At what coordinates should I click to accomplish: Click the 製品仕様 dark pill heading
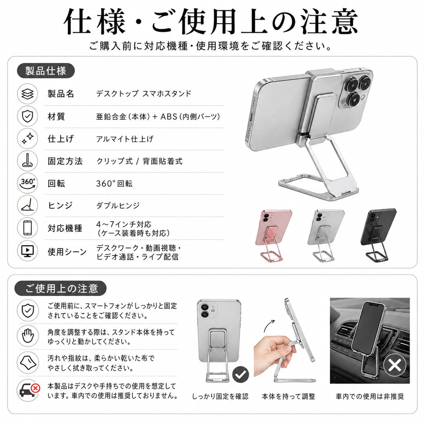pyautogui.click(x=46, y=71)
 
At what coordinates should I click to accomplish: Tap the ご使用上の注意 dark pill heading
pyautogui.click(x=61, y=288)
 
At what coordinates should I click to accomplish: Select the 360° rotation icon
pyautogui.click(x=27, y=183)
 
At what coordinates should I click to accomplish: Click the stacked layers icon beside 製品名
pyautogui.click(x=27, y=94)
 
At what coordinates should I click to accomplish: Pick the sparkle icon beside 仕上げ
pyautogui.click(x=27, y=138)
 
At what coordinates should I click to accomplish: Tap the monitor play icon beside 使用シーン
pyautogui.click(x=27, y=251)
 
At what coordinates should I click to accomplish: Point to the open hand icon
pyautogui.click(x=27, y=336)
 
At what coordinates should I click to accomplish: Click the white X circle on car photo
pyautogui.click(x=394, y=365)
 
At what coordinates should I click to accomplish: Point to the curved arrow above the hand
pyautogui.click(x=269, y=326)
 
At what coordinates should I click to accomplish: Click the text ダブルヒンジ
pyautogui.click(x=118, y=206)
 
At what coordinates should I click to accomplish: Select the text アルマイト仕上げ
pyautogui.click(x=125, y=139)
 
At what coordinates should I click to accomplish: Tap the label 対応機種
pyautogui.click(x=65, y=228)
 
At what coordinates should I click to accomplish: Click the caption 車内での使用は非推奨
pyautogui.click(x=370, y=396)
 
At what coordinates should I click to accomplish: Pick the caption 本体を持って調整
pyautogui.click(x=288, y=396)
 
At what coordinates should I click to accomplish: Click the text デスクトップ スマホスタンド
pyautogui.click(x=144, y=94)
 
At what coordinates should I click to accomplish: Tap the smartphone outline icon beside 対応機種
pyautogui.click(x=27, y=228)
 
